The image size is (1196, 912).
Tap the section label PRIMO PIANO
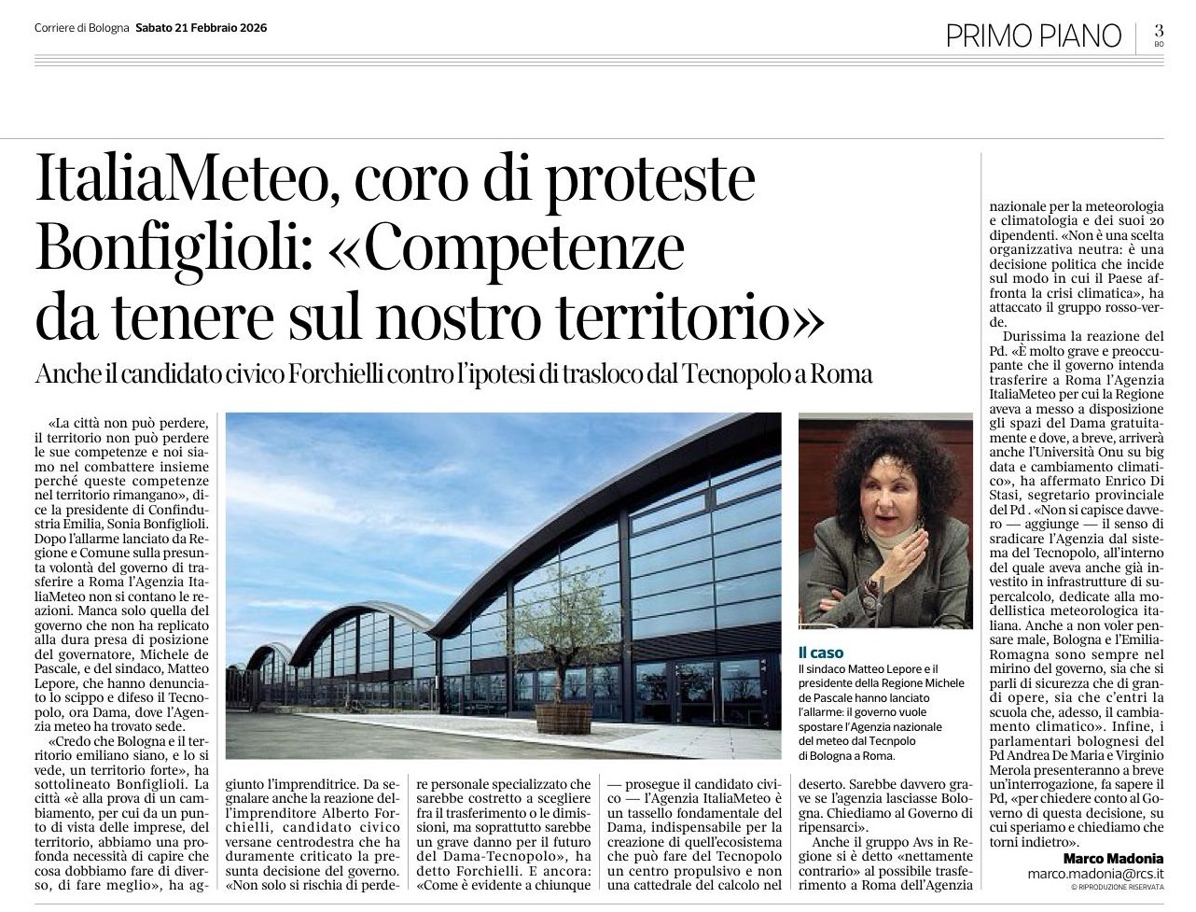pyautogui.click(x=1033, y=35)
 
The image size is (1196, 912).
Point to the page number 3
pyautogui.click(x=1159, y=31)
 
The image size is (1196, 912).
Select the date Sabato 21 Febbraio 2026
pyautogui.click(x=201, y=28)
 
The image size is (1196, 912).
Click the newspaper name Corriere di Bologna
pyautogui.click(x=82, y=28)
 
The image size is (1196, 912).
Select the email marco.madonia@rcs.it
pyautogui.click(x=1095, y=875)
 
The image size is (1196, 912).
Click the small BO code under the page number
pyautogui.click(x=1159, y=44)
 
